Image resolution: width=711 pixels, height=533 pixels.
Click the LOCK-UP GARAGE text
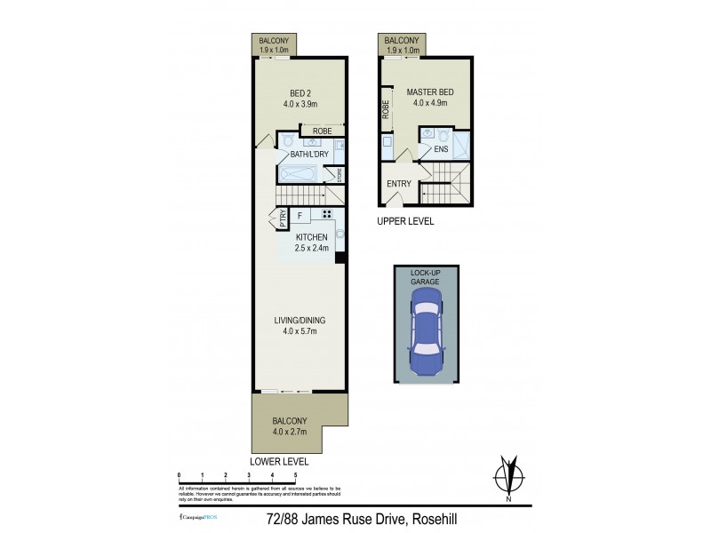(425, 276)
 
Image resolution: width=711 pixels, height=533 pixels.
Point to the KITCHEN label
(312, 237)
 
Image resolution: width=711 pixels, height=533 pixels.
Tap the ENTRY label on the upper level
(399, 185)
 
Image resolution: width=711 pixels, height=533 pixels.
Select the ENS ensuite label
(441, 149)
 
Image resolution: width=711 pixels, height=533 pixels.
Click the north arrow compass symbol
(509, 476)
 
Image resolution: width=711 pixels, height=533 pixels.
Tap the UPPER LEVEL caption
(405, 221)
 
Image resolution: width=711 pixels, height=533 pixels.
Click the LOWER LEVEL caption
(278, 462)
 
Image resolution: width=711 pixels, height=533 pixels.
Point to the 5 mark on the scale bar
(295, 476)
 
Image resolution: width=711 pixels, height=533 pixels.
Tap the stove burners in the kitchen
(326, 214)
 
